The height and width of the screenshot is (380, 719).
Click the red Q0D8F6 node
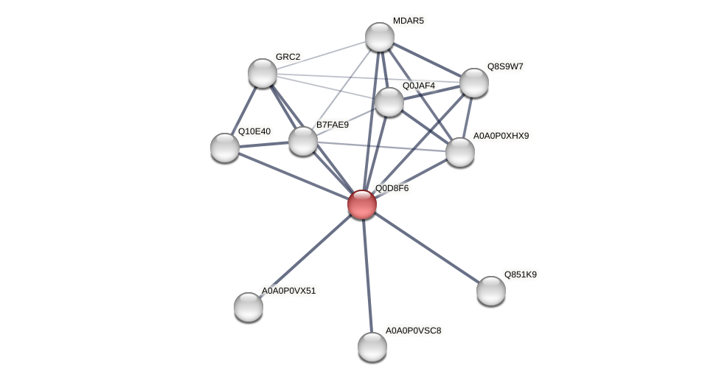[362, 204]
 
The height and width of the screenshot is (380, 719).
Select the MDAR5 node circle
[380, 37]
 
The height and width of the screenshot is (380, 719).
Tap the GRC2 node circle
[263, 73]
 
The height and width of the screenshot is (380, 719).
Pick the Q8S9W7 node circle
[474, 83]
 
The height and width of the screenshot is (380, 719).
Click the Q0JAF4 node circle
[389, 102]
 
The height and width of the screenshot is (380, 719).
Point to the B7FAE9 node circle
[303, 141]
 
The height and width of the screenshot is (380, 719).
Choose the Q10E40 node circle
[225, 148]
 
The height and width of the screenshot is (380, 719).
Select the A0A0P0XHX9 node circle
[460, 152]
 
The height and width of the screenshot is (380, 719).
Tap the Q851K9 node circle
[491, 291]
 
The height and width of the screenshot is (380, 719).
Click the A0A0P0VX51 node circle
[249, 307]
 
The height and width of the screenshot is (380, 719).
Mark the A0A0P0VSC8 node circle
[372, 347]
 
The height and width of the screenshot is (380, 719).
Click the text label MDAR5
[408, 21]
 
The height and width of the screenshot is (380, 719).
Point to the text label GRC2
[288, 57]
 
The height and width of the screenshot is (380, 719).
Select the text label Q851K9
[520, 274]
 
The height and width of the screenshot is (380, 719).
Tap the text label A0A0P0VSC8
[413, 331]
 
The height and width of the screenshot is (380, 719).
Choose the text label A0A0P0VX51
[288, 291]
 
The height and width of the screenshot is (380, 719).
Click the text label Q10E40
[254, 132]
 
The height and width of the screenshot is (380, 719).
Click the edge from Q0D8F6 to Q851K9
[427, 248]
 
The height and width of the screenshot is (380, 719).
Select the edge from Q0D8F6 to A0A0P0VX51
[305, 255]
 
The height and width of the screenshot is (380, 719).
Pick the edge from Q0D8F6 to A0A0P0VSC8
[367, 275]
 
